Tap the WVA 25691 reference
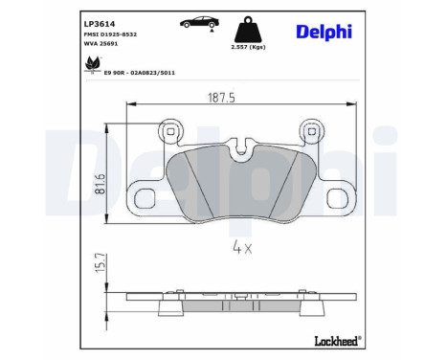(103, 44)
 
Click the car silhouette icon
(197, 21)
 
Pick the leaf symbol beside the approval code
(93, 65)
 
